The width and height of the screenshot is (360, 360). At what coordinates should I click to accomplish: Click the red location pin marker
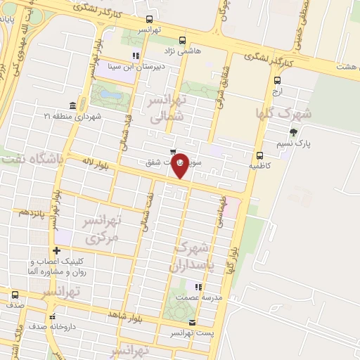click(x=180, y=165)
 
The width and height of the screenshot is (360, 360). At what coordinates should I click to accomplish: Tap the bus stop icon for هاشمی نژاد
click(x=183, y=41)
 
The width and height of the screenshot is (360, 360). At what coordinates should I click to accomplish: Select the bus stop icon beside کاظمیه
click(x=259, y=156)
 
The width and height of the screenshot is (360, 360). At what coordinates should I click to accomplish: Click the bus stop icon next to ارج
click(x=277, y=81)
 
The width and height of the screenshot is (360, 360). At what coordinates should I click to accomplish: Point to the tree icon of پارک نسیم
click(x=293, y=131)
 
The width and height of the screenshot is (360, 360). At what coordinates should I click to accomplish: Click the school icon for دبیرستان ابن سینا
click(x=136, y=56)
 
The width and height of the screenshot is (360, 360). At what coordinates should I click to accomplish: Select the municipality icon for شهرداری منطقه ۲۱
click(x=73, y=105)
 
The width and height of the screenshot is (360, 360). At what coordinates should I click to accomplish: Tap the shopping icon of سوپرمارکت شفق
click(x=173, y=152)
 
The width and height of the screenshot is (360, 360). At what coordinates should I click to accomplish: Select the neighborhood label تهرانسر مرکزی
click(x=103, y=229)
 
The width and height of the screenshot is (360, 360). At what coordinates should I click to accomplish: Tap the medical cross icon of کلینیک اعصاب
click(x=56, y=251)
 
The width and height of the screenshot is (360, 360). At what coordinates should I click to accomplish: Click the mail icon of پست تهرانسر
click(x=193, y=322)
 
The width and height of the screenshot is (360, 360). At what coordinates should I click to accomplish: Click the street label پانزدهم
click(x=32, y=211)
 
